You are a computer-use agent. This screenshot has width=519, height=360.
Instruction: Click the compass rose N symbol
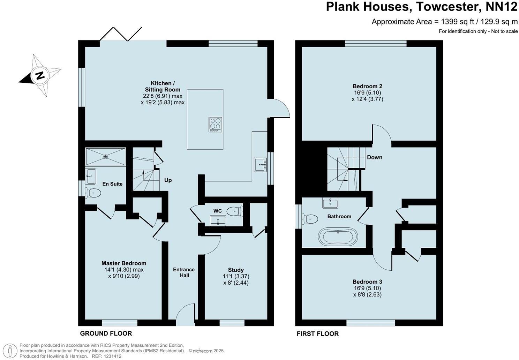click(x=40, y=75)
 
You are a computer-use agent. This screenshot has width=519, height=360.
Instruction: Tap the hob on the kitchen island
click(x=215, y=125)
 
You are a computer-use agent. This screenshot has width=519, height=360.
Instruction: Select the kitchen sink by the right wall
click(x=260, y=165)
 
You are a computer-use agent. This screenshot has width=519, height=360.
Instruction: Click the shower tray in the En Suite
click(x=105, y=157)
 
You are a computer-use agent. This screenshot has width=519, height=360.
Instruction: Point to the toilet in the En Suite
click(x=93, y=193)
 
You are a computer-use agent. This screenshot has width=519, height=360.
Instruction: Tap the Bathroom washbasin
click(x=330, y=203)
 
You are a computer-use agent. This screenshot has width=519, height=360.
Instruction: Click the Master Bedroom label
click(x=124, y=263)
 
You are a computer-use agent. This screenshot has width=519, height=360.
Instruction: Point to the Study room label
click(x=236, y=270)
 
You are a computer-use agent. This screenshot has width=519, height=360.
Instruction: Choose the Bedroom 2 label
click(x=367, y=86)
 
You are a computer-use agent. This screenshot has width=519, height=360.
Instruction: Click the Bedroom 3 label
click(x=367, y=282)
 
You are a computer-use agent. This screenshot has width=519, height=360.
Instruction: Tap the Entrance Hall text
click(x=184, y=272)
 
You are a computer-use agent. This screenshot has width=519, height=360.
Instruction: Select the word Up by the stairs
click(x=168, y=180)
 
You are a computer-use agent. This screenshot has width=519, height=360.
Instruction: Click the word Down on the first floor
click(x=375, y=157)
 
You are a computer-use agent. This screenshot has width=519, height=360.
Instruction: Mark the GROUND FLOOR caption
click(x=106, y=333)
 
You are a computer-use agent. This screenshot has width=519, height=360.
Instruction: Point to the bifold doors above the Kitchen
click(x=121, y=34)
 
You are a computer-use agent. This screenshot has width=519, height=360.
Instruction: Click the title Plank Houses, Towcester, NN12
click(x=422, y=7)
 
